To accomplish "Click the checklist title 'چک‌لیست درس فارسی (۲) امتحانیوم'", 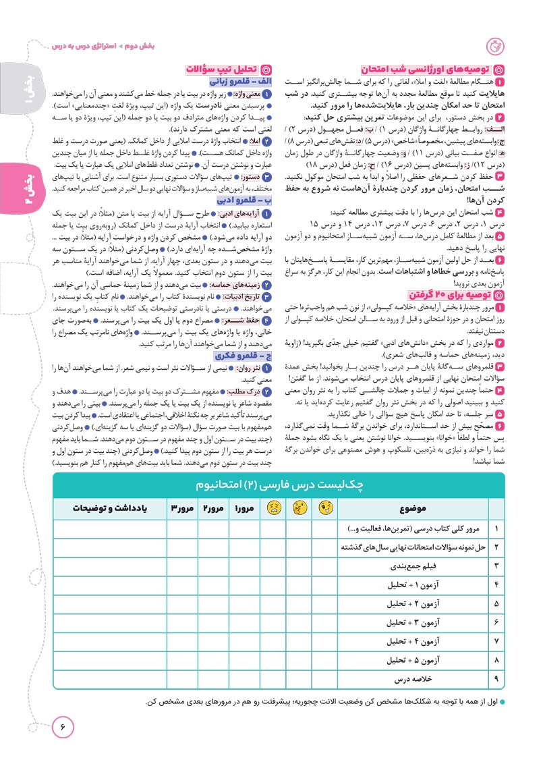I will tap(278, 485).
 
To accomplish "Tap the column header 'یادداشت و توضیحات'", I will tap(101, 508).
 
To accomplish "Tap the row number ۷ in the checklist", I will tap(497, 641).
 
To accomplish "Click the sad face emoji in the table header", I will tap(273, 508).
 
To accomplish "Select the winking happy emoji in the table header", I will tap(325, 508).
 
